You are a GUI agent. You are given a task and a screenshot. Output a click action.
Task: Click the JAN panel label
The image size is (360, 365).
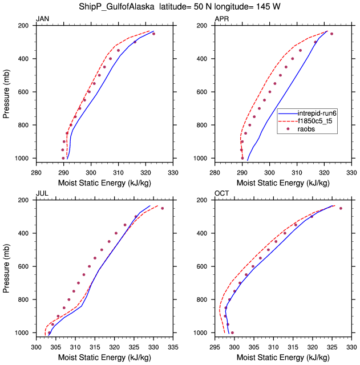click(x=42, y=19)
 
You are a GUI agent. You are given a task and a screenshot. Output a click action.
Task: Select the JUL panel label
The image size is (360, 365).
click(x=42, y=194)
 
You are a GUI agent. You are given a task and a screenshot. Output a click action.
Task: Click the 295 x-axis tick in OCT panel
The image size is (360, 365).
click(x=215, y=345)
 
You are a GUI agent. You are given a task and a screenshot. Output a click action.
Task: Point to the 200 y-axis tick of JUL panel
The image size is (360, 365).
click(x=26, y=201)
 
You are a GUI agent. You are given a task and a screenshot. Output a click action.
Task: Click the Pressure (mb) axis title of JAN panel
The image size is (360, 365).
click(x=7, y=91)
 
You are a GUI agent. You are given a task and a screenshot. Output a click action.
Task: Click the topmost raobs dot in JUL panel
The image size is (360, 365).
click(x=162, y=208)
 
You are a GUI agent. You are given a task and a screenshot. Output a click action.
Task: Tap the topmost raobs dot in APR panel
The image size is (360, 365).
click(x=331, y=34)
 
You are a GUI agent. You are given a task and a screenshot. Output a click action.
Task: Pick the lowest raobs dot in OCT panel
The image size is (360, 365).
click(x=232, y=332)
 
